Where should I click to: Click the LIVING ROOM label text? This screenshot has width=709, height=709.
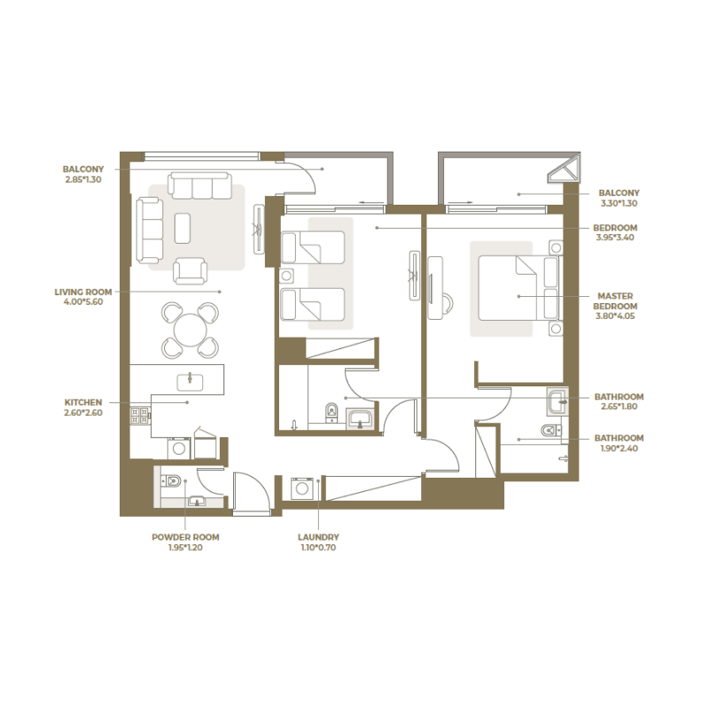82,291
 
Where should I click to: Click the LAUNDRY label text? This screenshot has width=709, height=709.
318,537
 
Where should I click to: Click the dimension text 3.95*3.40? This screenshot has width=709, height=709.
616,238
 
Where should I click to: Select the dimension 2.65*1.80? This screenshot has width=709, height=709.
619,407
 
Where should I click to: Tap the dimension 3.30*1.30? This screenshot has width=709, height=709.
619,203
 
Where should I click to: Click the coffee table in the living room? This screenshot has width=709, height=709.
183,228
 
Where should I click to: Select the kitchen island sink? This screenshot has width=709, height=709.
190,381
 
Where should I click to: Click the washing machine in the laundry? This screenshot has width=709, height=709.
303,489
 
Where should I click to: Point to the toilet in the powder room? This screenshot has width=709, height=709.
171,481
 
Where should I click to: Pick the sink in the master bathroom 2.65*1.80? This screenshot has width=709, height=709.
557,401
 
